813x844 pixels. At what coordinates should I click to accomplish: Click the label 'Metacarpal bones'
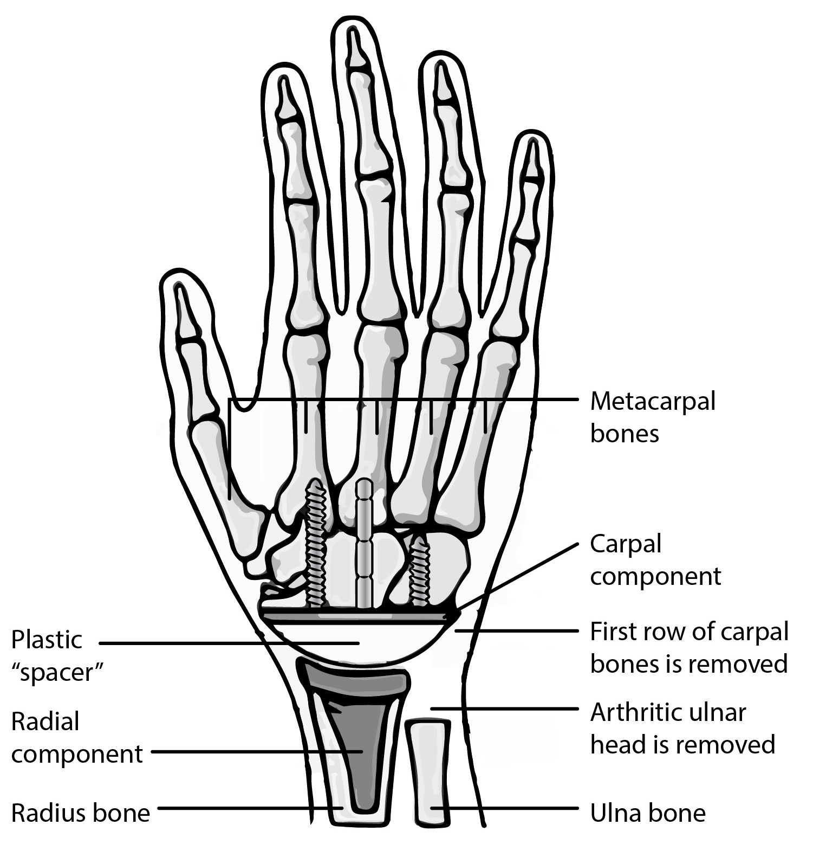click(x=652, y=417)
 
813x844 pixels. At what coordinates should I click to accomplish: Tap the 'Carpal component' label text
click(x=655, y=559)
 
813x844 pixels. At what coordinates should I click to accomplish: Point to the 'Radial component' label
click(x=76, y=738)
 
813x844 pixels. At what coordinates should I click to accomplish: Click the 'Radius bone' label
click(x=80, y=813)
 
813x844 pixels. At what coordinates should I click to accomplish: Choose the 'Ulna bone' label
click(x=647, y=813)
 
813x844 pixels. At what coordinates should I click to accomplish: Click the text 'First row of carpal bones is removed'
click(x=688, y=647)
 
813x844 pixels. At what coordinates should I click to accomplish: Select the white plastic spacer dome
click(x=357, y=642)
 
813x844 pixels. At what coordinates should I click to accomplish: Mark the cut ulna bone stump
click(x=428, y=770)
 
